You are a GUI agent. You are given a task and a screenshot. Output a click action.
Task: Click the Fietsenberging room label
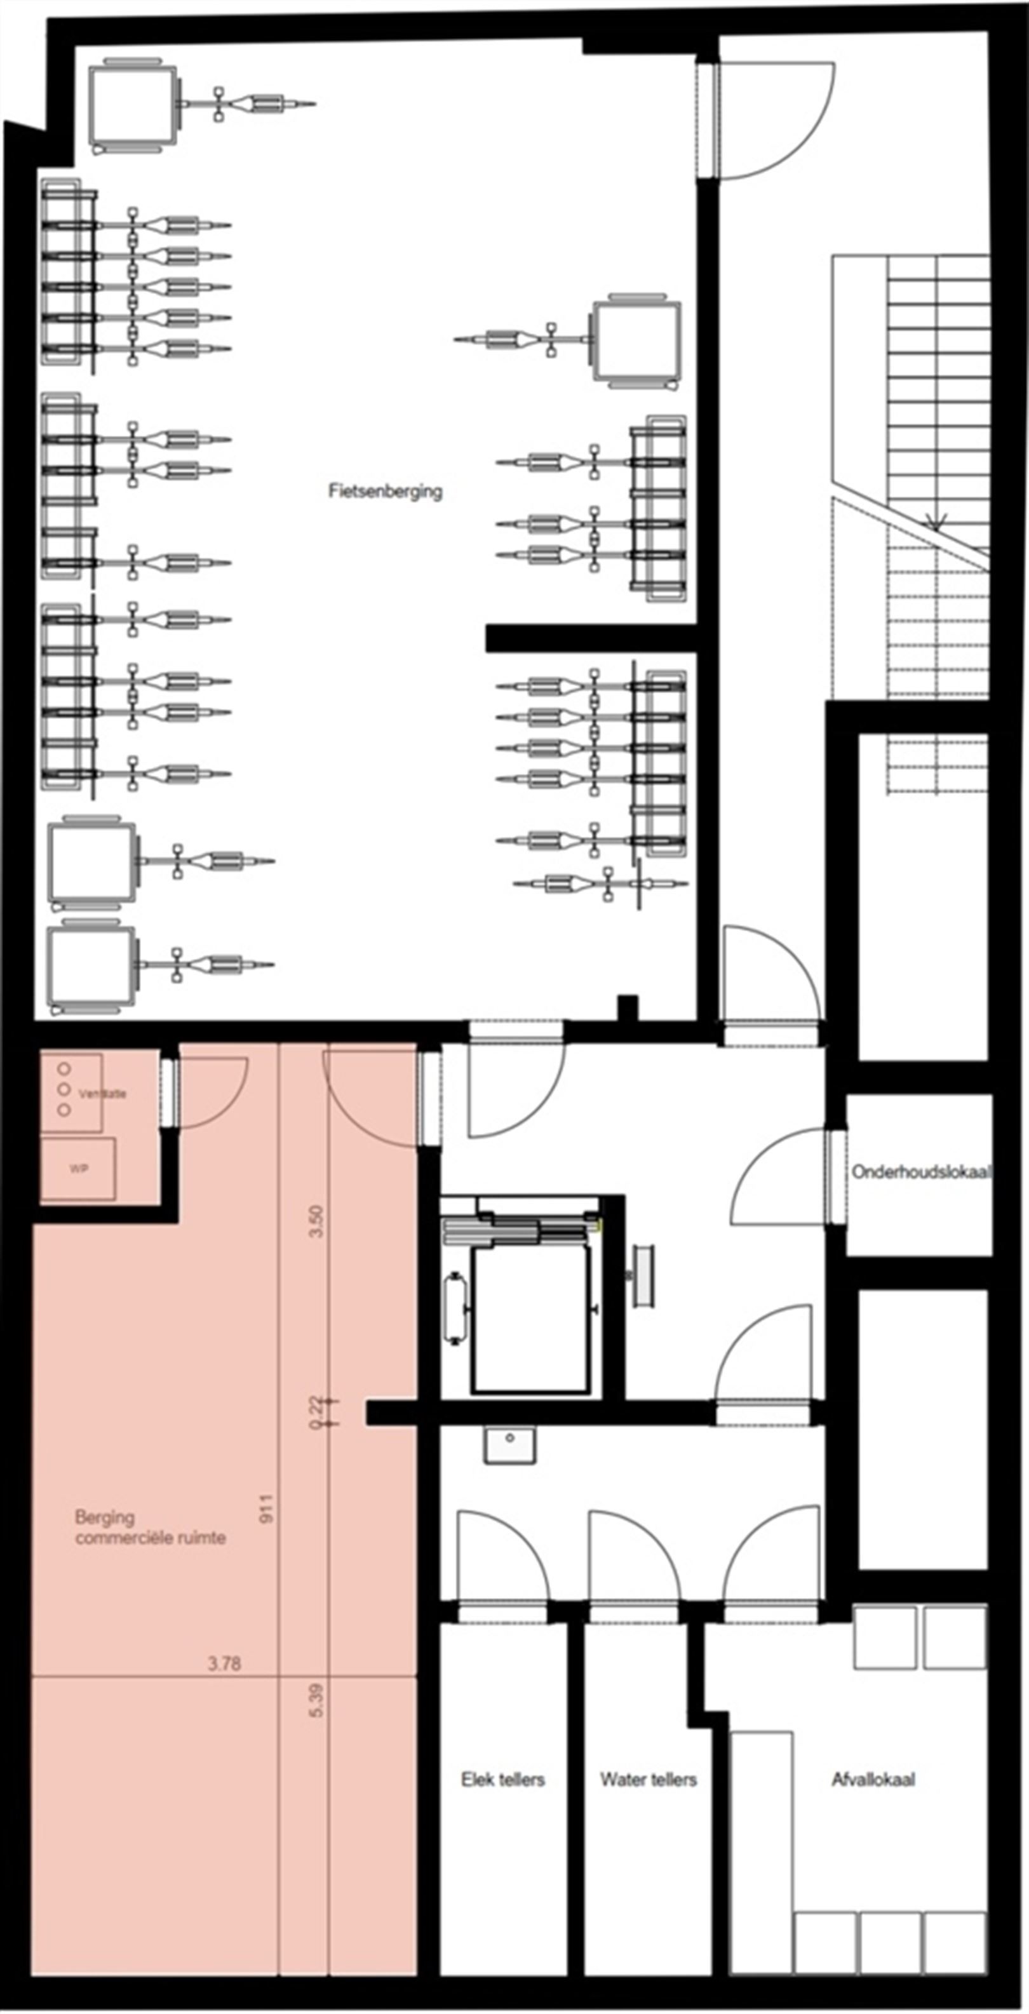coord(385,491)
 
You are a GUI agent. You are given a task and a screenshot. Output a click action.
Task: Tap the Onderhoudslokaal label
coord(921,1171)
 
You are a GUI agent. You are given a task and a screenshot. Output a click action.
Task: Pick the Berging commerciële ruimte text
coord(150,1527)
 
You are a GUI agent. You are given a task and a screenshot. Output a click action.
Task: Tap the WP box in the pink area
coord(77,1169)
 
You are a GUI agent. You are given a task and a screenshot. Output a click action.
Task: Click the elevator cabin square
coord(531,1319)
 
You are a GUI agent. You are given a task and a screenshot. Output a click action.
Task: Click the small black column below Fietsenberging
coord(627,1007)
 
